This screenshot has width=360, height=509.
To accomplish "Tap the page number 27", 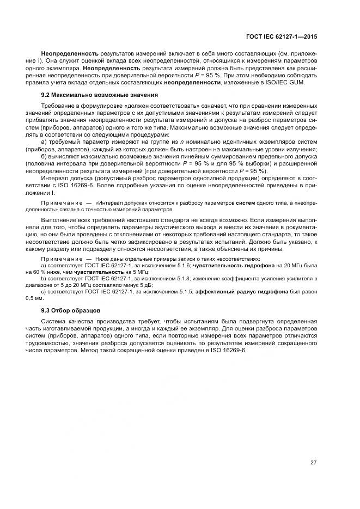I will click(x=314, y=463).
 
